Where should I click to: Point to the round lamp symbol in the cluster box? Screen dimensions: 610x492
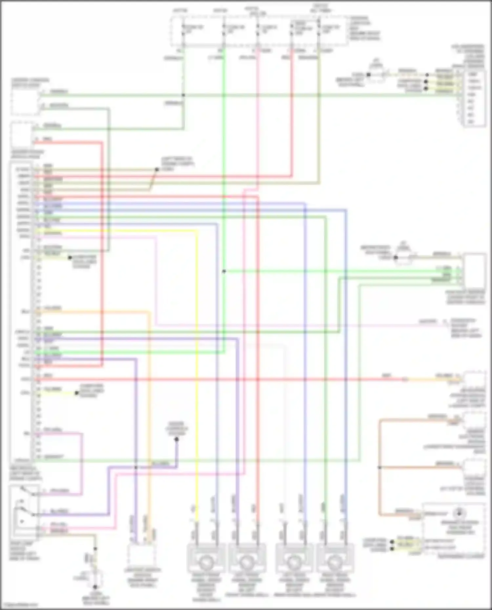coord(459,512)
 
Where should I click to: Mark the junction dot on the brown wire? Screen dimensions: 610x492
coord(379,467)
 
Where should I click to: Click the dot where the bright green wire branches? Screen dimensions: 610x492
coord(224,271)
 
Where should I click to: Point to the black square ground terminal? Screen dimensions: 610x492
coord(368,75)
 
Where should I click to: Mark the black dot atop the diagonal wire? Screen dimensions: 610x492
coord(157,169)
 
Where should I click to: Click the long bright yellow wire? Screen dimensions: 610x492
coord(197,361)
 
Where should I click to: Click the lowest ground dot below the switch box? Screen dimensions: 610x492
coord(95,587)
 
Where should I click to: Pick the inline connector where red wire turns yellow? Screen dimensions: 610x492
coord(405,380)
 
